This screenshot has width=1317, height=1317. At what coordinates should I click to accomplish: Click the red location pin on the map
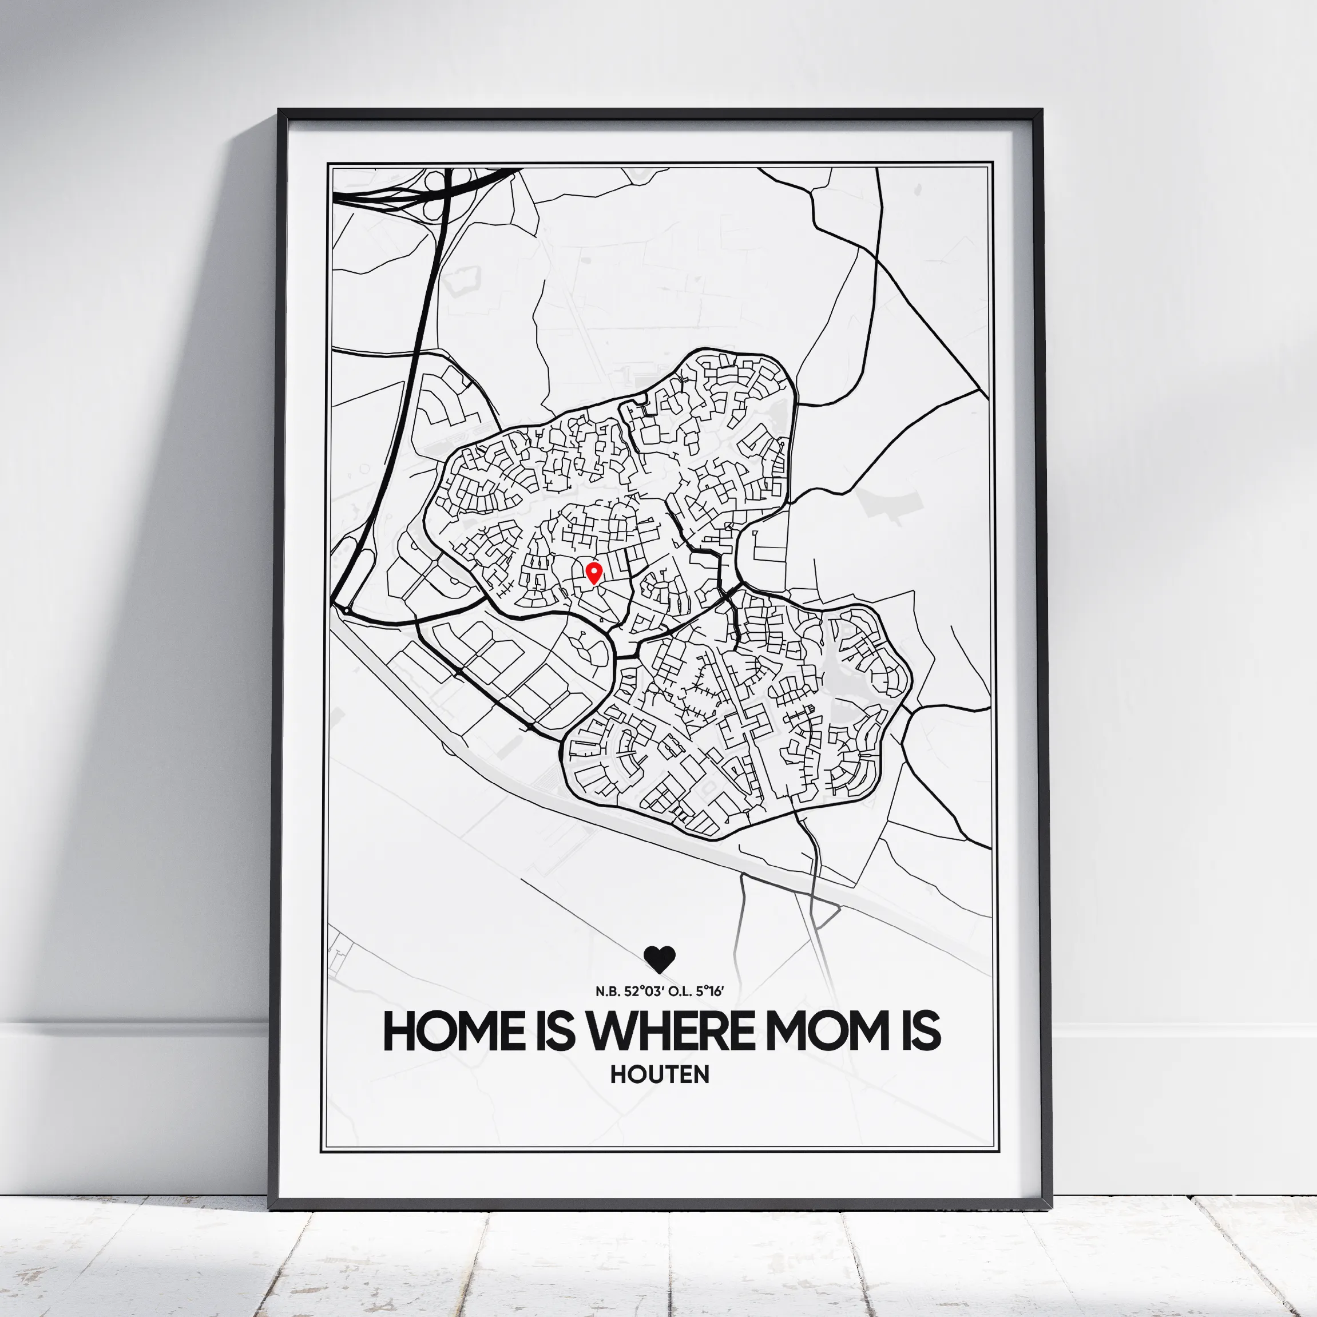(x=594, y=572)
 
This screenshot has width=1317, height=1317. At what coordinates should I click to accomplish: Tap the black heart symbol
(x=659, y=959)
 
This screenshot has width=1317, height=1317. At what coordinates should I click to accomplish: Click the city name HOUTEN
(x=659, y=1074)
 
